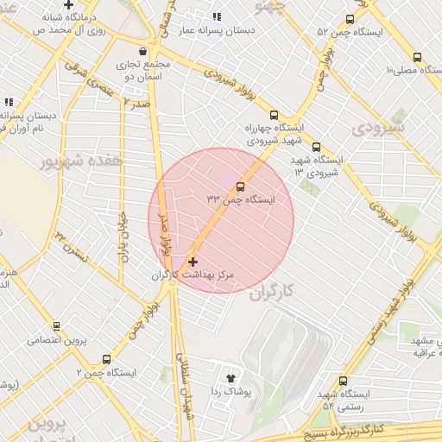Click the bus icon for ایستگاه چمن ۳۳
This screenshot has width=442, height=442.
[x=240, y=186]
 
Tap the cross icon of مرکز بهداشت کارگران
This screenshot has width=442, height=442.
[x=192, y=261]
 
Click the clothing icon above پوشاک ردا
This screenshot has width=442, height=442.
[x=230, y=377]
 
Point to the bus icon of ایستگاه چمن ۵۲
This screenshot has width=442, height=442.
[x=350, y=19]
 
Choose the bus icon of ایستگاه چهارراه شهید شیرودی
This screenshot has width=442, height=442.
[x=275, y=114]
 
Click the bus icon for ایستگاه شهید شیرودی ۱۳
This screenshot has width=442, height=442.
[x=316, y=147]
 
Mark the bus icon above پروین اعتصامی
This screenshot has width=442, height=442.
[x=56, y=326]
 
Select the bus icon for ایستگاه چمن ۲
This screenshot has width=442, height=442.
[x=106, y=359]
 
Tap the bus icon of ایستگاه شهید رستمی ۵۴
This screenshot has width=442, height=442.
[x=343, y=381]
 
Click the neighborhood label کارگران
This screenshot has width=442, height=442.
[x=272, y=292]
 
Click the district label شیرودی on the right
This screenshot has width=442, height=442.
[x=378, y=128]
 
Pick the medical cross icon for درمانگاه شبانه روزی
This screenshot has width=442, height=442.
[x=68, y=5]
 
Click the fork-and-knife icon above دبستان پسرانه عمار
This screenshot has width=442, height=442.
[x=217, y=16]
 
